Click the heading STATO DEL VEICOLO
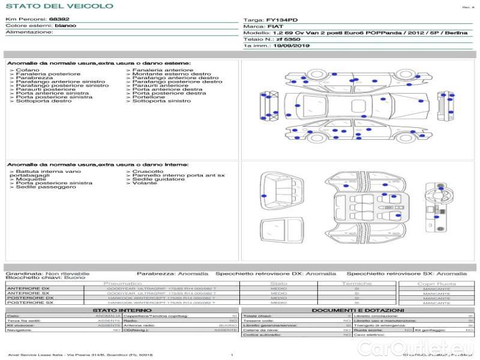[59, 6]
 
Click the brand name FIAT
[275, 27]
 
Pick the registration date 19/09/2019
[292, 45]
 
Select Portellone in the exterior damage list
[149, 97]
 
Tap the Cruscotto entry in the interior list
[148, 171]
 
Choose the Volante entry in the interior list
[145, 183]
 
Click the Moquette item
[31, 179]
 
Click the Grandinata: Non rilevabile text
[47, 273]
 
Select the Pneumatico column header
[122, 283]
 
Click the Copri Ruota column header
[436, 283]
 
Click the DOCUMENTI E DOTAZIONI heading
[357, 310]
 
